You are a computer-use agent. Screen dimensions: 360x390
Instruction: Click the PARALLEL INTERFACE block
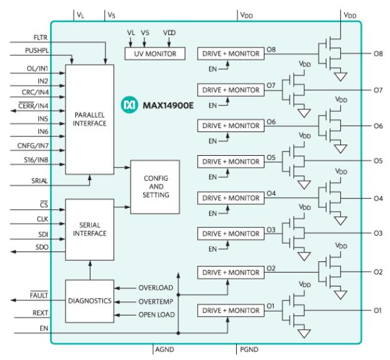(89, 119)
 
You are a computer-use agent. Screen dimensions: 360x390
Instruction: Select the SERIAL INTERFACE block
(89, 229)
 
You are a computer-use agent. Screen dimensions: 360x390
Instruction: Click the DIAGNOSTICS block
(89, 301)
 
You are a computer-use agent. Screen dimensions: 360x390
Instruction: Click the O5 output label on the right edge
(378, 160)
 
